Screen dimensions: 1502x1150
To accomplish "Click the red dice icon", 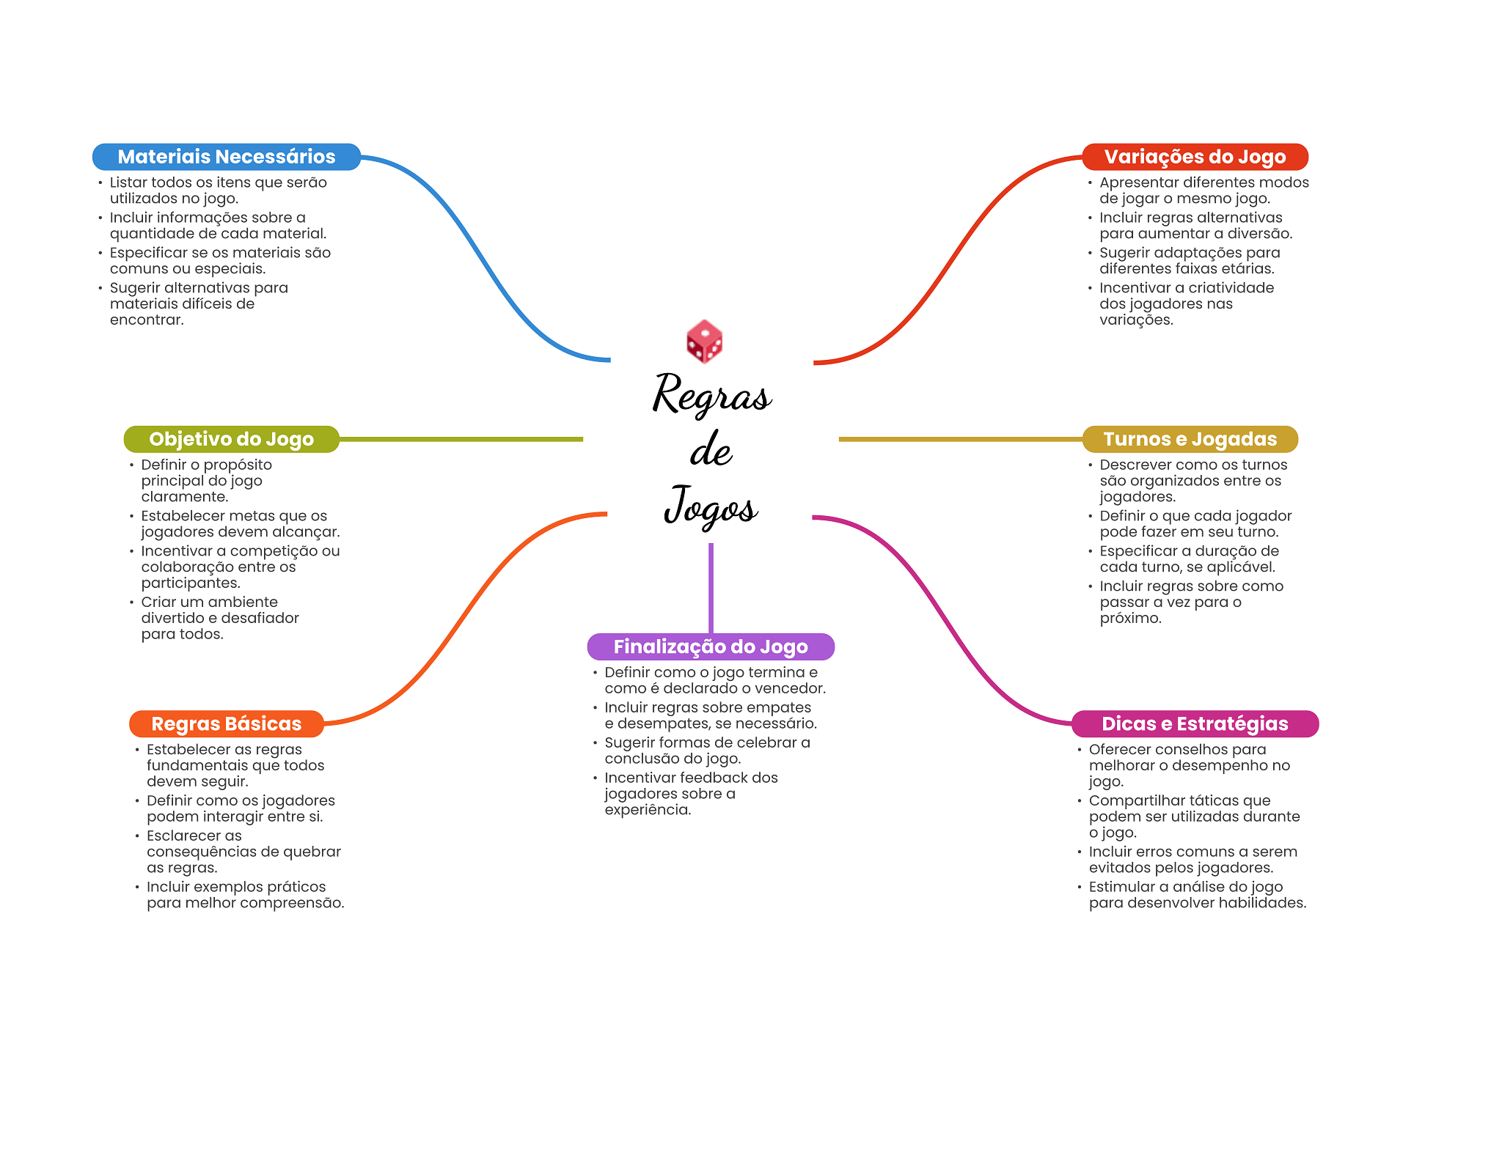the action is click(x=704, y=342).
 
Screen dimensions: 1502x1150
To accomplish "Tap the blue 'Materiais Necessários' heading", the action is click(x=227, y=157).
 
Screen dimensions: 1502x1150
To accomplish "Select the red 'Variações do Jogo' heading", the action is click(x=1195, y=157).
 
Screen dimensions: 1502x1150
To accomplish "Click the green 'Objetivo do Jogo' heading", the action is click(x=231, y=439).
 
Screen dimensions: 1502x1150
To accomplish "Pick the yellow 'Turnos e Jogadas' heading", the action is click(x=1190, y=439).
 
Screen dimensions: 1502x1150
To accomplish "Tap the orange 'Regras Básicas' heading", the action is click(x=227, y=724).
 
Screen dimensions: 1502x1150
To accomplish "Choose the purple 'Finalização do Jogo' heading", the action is click(x=711, y=646).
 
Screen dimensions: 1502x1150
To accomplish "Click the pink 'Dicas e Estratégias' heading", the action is click(x=1195, y=724).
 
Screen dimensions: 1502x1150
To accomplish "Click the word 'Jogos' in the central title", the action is click(x=711, y=506).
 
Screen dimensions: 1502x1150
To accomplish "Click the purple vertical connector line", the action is click(x=711, y=588).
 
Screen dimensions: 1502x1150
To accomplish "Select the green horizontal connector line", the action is click(x=461, y=439).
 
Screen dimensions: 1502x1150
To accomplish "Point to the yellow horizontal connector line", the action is click(x=961, y=439).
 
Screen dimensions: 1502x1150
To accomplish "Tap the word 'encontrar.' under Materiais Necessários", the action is click(x=147, y=320).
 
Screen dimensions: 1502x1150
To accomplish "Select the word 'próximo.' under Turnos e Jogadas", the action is click(x=1131, y=619).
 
